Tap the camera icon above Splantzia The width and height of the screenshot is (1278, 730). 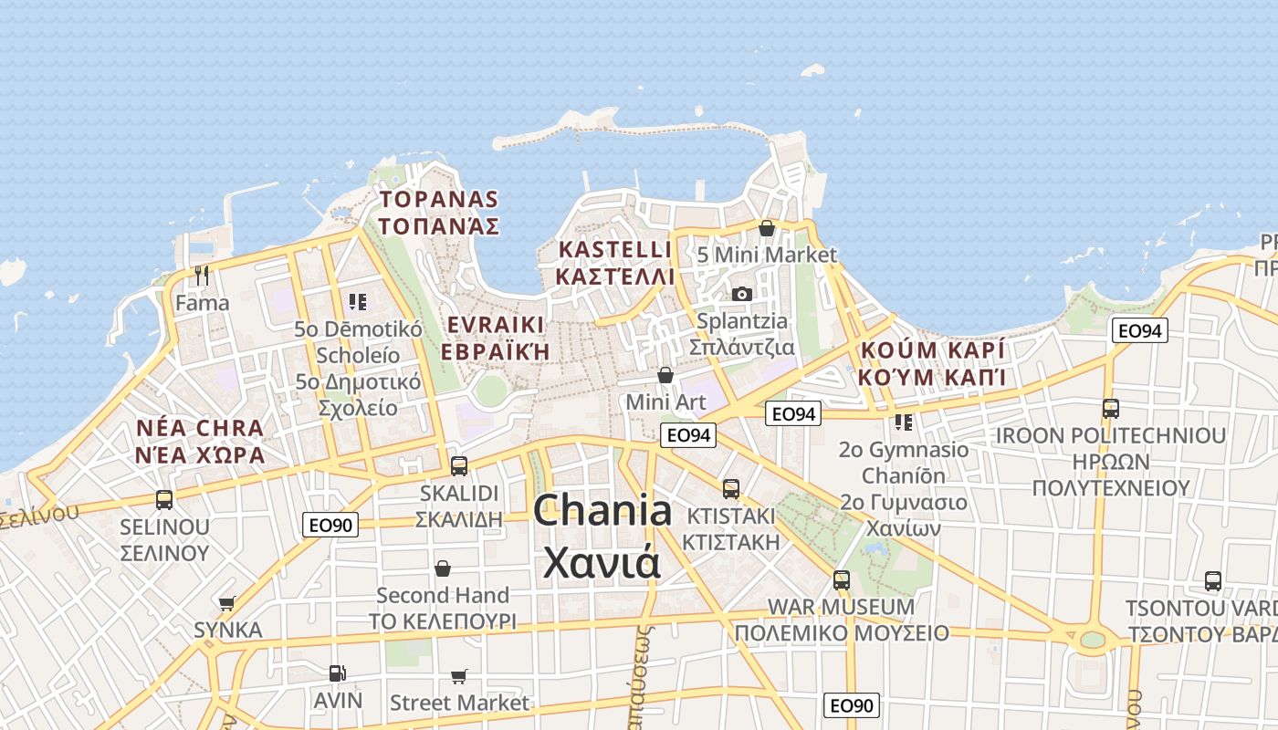tap(741, 294)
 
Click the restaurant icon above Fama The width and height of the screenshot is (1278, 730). tap(202, 275)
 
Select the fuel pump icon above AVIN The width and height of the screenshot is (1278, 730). tap(337, 673)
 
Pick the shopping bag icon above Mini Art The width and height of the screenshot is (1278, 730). tap(665, 375)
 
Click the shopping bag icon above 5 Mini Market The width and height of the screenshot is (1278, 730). tap(767, 228)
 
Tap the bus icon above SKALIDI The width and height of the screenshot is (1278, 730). tap(458, 465)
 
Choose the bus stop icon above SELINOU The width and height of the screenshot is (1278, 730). tap(164, 499)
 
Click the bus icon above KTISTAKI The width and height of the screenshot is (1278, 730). tap(731, 488)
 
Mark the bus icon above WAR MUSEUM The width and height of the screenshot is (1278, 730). tap(841, 579)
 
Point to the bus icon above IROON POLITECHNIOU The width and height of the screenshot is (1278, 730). tap(1110, 408)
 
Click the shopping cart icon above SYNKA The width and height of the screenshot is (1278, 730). tap(227, 603)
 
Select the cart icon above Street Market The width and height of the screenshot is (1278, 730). tap(458, 676)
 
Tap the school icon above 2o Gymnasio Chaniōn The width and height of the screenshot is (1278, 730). tap(904, 422)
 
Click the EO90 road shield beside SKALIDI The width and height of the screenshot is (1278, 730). tap(330, 525)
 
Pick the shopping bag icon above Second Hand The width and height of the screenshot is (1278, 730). tap(443, 568)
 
